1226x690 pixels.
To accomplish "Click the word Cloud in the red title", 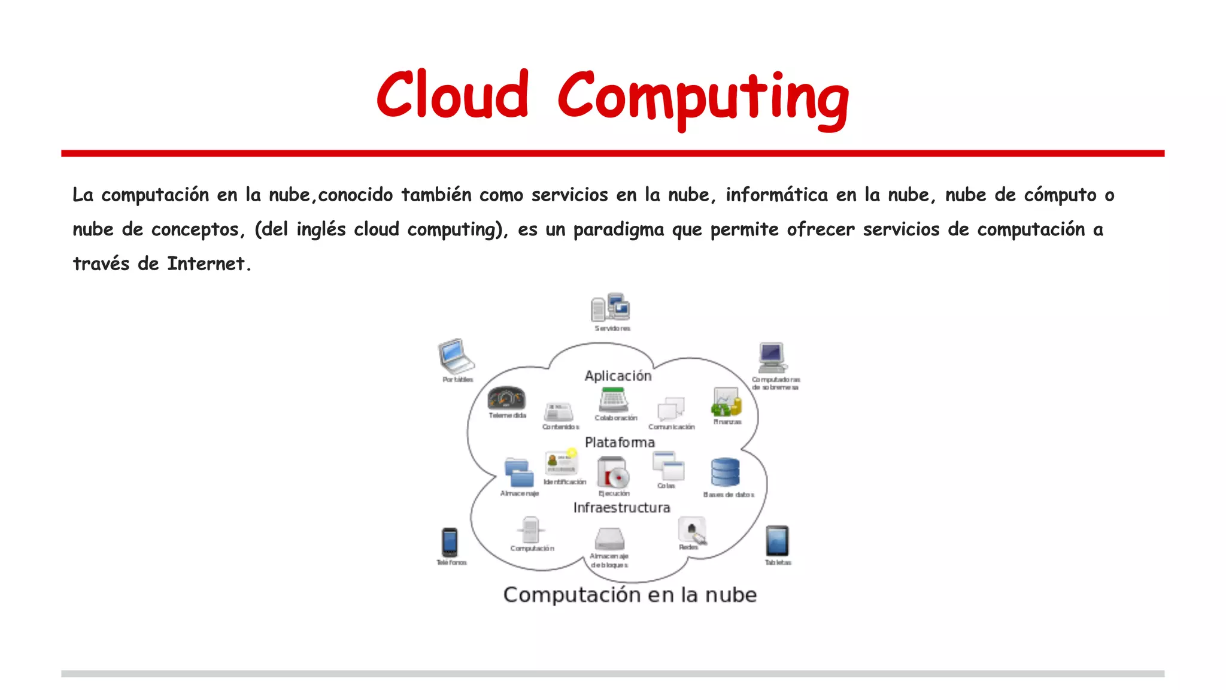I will click(x=453, y=96).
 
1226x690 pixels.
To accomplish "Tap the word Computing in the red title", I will click(x=703, y=97).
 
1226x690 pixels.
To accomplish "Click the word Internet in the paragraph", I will click(x=206, y=264).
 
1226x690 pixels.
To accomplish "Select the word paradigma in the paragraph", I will click(x=618, y=229).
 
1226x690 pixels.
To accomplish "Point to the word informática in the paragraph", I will click(x=776, y=195).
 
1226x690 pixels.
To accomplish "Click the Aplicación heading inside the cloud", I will click(x=618, y=376).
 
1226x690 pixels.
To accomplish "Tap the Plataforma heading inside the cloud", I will click(x=620, y=443).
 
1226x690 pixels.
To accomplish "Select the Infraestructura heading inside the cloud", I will click(x=621, y=508).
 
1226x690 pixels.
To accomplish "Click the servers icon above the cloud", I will click(x=611, y=308).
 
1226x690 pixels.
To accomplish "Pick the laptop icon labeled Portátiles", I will click(x=456, y=356).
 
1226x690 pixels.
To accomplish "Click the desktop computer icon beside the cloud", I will click(x=772, y=358).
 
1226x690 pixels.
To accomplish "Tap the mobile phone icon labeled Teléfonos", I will click(x=450, y=542).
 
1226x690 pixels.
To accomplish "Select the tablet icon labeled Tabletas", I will click(x=777, y=541).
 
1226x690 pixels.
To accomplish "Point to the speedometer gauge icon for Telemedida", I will click(x=506, y=398).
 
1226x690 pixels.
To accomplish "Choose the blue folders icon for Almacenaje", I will click(x=518, y=473).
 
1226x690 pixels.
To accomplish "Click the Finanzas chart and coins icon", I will click(x=726, y=402).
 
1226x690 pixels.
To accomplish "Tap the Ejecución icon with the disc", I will click(x=613, y=473).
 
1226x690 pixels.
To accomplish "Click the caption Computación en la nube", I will click(x=630, y=595).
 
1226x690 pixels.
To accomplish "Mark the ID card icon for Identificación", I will click(x=561, y=462).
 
